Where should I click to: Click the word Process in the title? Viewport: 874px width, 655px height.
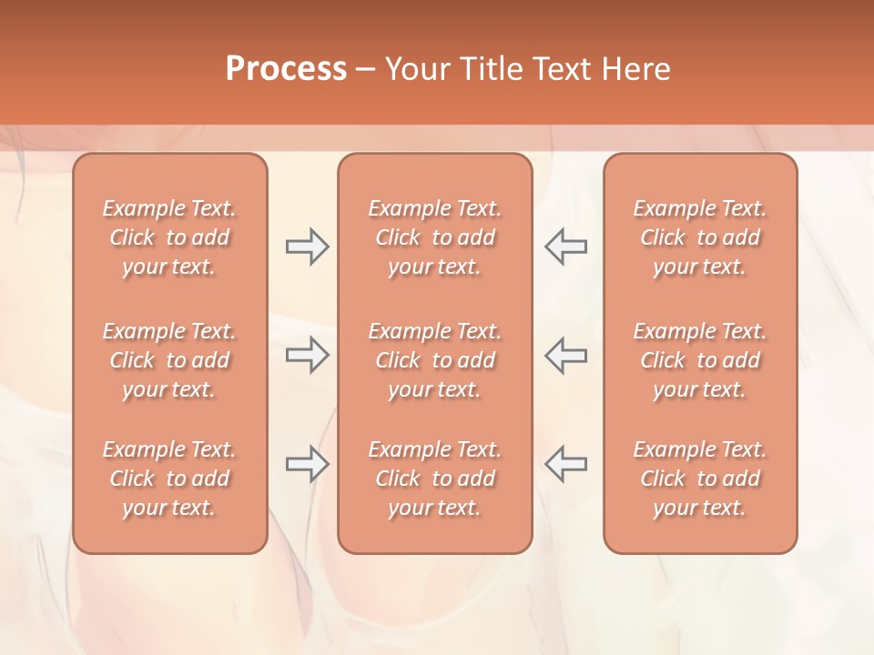tap(286, 68)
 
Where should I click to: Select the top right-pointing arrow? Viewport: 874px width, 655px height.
tap(308, 247)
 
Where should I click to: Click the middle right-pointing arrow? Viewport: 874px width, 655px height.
tap(308, 355)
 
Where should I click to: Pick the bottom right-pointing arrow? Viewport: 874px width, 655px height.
tap(308, 464)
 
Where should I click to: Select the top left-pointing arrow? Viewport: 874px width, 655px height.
tap(566, 247)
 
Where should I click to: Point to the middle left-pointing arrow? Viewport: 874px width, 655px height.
tap(566, 355)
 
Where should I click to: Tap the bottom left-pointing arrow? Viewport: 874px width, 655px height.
tap(566, 464)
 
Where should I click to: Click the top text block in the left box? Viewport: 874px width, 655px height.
tap(169, 237)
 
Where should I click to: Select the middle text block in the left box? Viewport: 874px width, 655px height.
tap(169, 360)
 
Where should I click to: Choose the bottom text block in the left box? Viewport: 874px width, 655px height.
tap(169, 479)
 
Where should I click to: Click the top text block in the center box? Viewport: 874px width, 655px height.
tap(435, 237)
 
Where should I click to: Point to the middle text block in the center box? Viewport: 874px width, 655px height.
tap(435, 360)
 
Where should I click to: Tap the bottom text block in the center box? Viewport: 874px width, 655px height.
tap(435, 479)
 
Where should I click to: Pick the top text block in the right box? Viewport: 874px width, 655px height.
tap(700, 237)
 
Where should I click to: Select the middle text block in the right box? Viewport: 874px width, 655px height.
tap(700, 360)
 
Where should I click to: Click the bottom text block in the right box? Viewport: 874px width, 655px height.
tap(700, 479)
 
